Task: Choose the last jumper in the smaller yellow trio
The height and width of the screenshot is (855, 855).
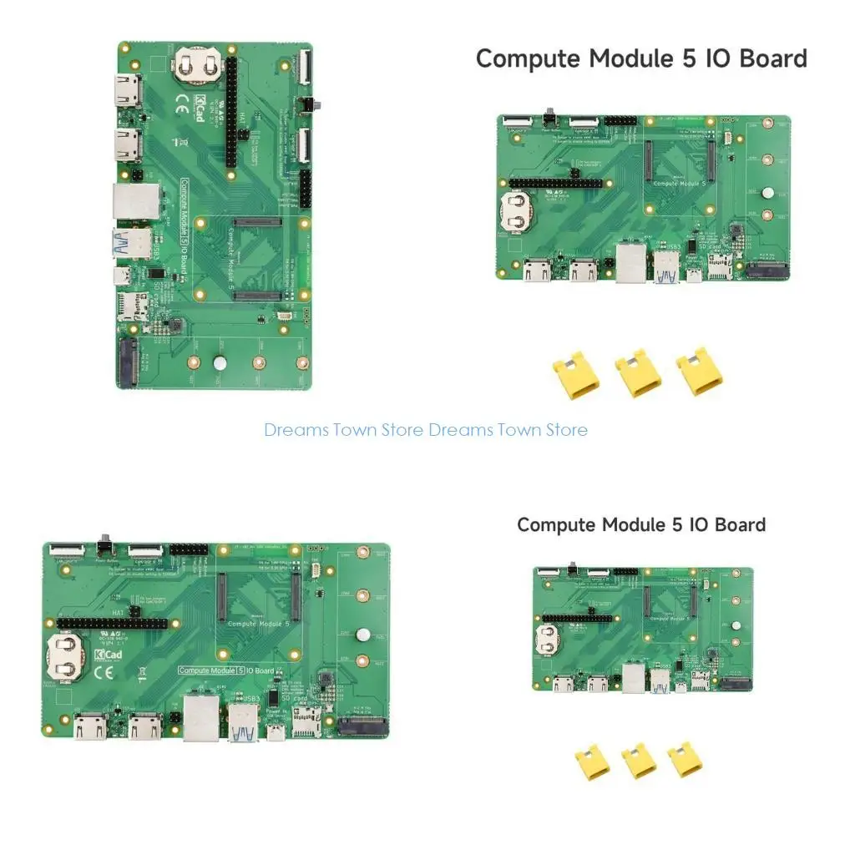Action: (685, 760)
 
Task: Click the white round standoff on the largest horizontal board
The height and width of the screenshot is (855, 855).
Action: (362, 635)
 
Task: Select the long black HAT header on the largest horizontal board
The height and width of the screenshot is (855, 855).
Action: (113, 623)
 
